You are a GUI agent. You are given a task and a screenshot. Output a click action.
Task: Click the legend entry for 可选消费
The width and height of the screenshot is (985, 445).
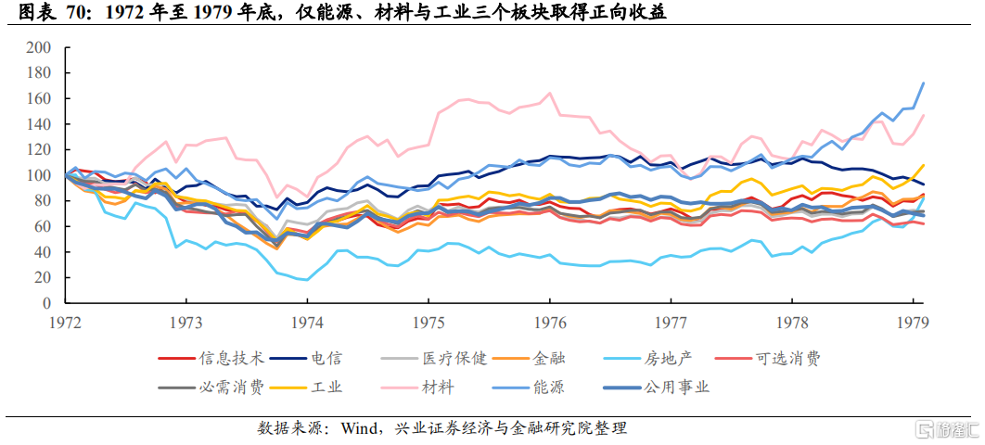(787, 358)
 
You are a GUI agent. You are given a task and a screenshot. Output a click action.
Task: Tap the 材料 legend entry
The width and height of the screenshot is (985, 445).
(436, 387)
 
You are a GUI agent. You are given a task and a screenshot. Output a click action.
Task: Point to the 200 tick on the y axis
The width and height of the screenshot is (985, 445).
(39, 47)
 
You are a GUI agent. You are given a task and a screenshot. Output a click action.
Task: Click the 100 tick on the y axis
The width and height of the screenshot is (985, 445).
(39, 175)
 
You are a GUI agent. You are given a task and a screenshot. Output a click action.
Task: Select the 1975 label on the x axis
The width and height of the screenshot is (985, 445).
(428, 322)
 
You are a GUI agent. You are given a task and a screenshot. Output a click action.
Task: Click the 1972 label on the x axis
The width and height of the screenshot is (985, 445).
(66, 322)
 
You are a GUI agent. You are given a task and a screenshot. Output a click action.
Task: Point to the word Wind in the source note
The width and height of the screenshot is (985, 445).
(358, 428)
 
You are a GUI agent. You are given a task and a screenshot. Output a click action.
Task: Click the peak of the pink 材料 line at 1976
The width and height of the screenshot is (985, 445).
(551, 93)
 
